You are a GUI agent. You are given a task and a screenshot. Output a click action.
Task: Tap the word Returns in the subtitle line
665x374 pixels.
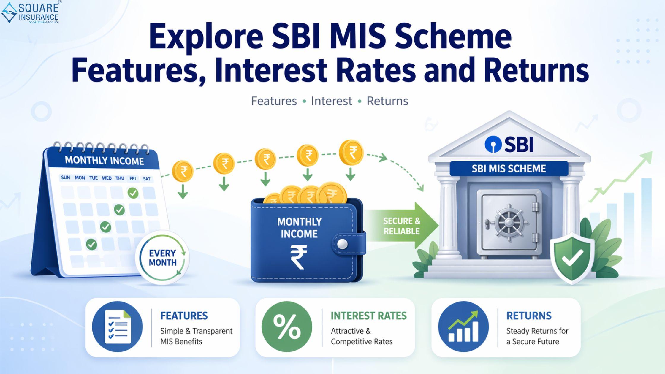click(387, 101)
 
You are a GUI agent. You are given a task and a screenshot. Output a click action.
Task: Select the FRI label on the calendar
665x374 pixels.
click(133, 178)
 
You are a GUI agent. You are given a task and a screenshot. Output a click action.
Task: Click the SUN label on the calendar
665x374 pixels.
click(65, 178)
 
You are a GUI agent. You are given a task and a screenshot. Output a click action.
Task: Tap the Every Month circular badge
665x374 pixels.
click(162, 258)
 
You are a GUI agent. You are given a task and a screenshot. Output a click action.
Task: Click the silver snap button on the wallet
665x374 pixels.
click(342, 244)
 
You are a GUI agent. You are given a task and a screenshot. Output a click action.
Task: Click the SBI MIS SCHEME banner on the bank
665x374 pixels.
click(509, 169)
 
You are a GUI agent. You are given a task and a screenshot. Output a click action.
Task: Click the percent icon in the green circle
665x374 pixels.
click(287, 327)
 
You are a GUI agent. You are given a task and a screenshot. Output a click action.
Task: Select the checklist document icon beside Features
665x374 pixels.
click(117, 327)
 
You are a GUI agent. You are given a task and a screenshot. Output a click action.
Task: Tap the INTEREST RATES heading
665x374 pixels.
click(368, 316)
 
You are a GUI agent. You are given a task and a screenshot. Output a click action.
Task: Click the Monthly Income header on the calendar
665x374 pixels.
click(104, 161)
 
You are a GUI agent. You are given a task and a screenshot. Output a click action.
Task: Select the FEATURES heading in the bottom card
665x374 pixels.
click(184, 316)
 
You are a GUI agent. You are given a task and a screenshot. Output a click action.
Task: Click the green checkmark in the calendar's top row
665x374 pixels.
click(133, 193)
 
